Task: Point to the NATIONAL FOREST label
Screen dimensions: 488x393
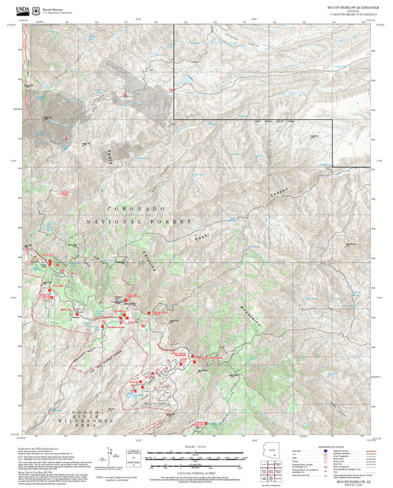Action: [139, 221]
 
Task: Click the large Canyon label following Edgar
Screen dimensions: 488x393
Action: [277, 193]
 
